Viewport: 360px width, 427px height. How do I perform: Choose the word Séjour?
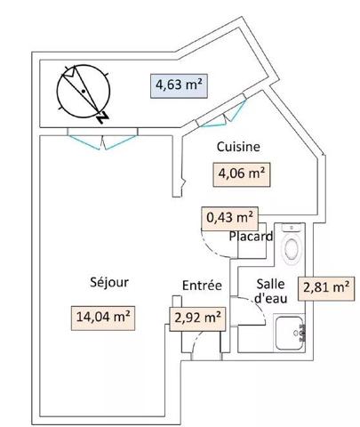tap(109, 283)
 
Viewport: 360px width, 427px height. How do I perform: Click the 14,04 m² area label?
tap(103, 316)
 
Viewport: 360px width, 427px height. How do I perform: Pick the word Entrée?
tap(202, 286)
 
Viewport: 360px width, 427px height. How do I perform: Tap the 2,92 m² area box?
tap(196, 316)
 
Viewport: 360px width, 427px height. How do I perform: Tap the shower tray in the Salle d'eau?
tap(292, 334)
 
